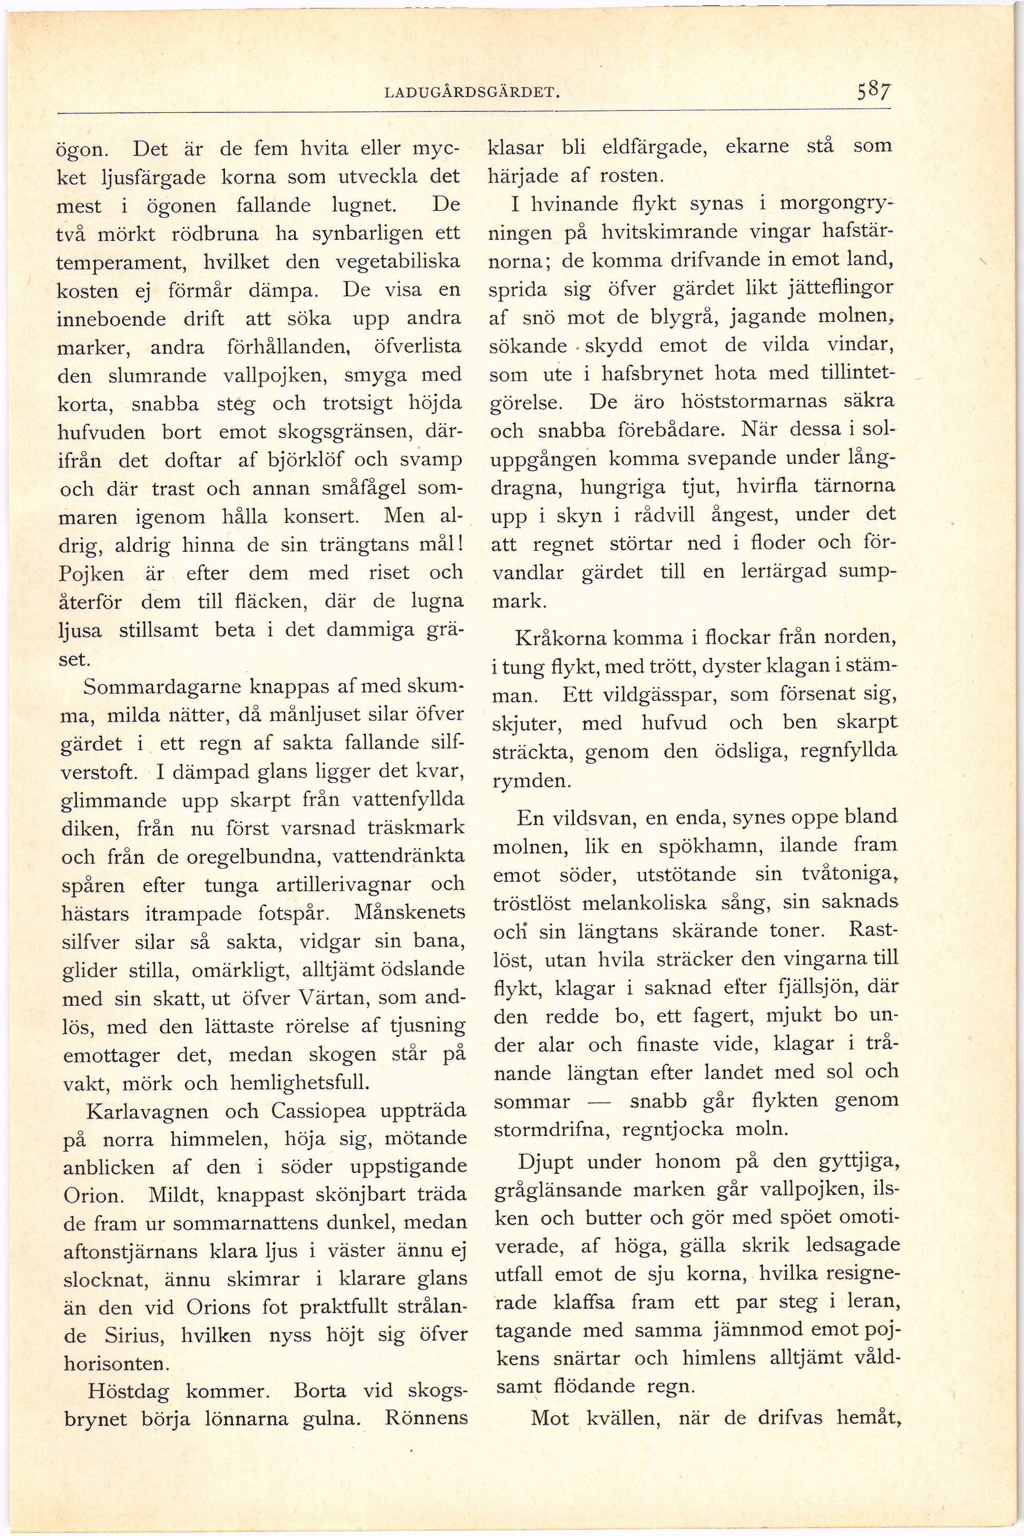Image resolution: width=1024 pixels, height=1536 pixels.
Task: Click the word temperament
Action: [x=122, y=263]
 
